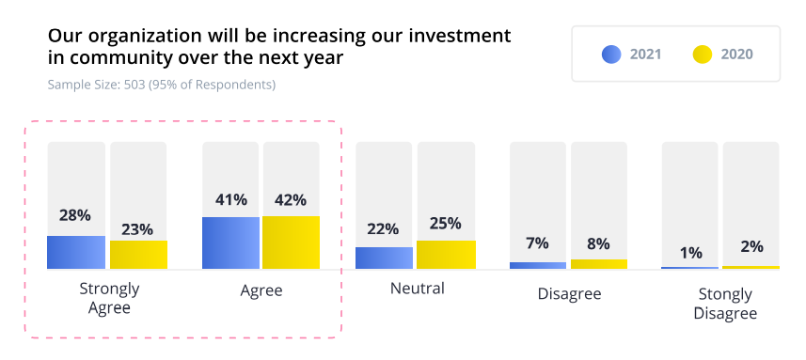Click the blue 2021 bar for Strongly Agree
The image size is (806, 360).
(76, 252)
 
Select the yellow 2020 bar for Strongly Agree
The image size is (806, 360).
(138, 254)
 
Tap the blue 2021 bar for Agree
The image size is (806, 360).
(230, 243)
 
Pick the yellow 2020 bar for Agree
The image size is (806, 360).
(291, 243)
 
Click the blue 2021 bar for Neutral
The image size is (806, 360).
(384, 258)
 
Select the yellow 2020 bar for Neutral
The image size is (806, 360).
(446, 254)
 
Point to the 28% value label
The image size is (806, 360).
(75, 215)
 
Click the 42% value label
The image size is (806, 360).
(291, 200)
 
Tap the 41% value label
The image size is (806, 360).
(230, 199)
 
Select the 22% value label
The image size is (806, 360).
(383, 229)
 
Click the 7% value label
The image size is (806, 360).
(537, 243)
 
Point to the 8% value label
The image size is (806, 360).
(598, 243)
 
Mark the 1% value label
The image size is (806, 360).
(691, 253)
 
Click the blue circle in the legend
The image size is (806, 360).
(611, 54)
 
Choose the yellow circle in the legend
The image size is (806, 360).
(703, 54)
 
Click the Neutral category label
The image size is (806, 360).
(418, 289)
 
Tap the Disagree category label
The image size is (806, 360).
(570, 294)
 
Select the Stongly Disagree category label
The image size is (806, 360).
(725, 304)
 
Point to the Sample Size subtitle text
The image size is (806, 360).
(162, 85)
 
